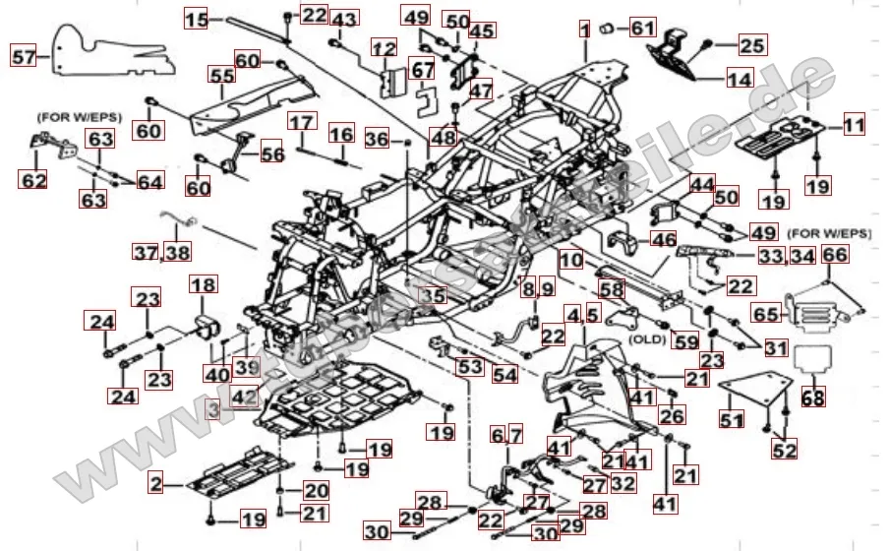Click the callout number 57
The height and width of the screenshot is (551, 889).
24,57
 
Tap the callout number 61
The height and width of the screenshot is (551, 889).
642,28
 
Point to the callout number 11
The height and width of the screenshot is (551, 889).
854,125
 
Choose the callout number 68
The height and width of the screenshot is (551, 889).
813,398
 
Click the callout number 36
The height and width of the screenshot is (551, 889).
378,140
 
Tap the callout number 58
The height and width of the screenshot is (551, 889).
612,289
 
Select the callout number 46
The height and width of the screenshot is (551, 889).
664,238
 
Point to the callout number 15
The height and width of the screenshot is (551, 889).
197,18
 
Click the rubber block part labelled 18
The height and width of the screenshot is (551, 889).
207,326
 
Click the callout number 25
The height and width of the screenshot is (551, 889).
751,44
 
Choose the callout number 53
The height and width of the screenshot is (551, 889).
469,367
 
